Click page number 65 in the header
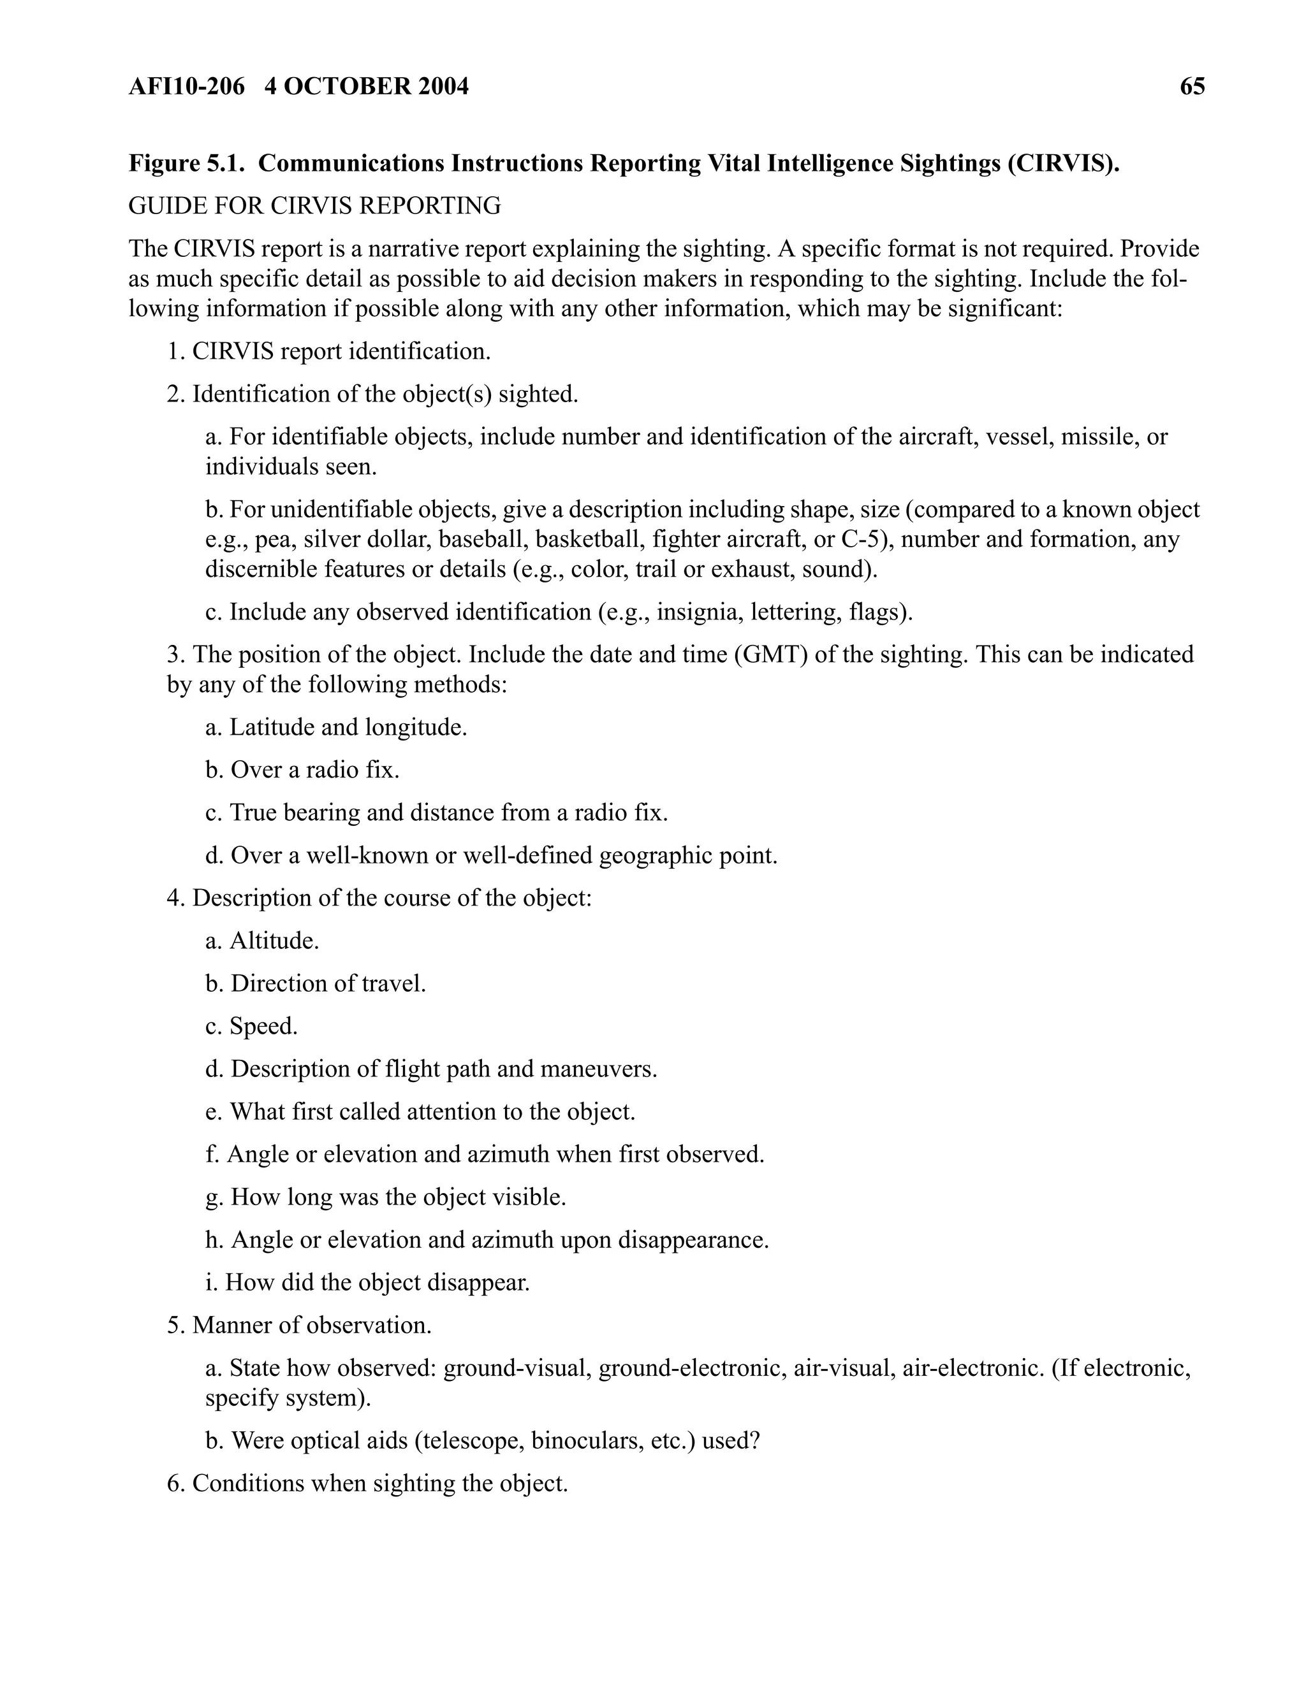pos(1191,86)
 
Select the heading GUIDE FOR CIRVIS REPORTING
pos(314,206)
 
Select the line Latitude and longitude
pos(336,728)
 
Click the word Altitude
pos(274,941)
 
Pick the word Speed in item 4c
pos(263,1027)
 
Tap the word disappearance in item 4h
pos(692,1240)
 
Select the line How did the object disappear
pos(367,1282)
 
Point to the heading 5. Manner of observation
pos(299,1325)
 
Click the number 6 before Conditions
pos(173,1484)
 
